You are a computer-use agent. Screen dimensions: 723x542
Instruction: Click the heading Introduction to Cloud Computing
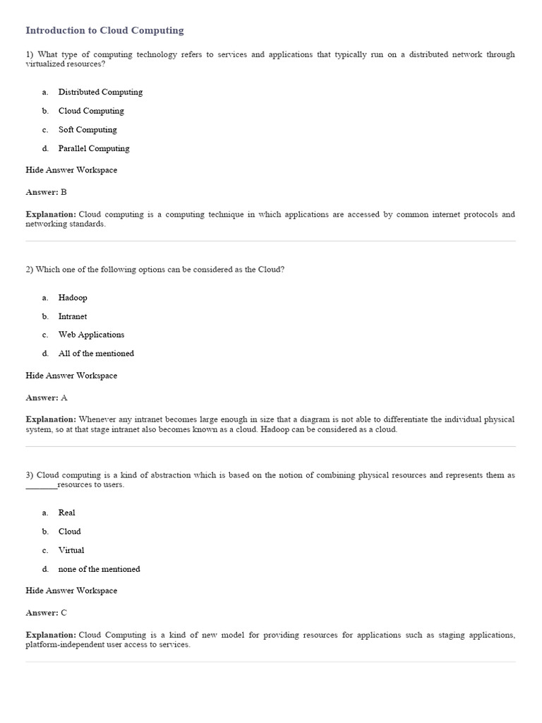tap(104, 30)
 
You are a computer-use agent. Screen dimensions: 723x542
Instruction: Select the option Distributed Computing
tap(100, 92)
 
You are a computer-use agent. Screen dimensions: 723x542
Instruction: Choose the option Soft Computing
tap(88, 130)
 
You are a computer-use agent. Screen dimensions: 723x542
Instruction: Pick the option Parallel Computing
tap(94, 148)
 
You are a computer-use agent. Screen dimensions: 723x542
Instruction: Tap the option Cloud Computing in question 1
tap(91, 111)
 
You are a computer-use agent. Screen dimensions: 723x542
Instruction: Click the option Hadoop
tap(73, 298)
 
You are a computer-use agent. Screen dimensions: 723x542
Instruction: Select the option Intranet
tap(73, 316)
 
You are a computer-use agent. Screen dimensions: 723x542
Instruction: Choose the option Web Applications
tap(91, 335)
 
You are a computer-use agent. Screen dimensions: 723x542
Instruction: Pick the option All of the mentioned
tap(96, 353)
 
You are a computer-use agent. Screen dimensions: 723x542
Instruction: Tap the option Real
tap(66, 513)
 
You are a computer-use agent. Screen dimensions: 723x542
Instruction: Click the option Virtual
tap(71, 550)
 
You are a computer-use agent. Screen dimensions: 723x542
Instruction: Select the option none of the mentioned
tap(99, 569)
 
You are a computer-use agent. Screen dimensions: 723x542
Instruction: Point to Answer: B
tap(46, 192)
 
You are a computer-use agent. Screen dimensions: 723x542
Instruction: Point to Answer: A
tap(46, 398)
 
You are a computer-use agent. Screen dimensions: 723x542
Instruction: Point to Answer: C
tap(46, 613)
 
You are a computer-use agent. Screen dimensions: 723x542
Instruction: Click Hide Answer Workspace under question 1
tap(71, 170)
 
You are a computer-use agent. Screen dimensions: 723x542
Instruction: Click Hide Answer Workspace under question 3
tap(71, 590)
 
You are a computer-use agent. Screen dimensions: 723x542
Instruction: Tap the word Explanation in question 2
tap(51, 419)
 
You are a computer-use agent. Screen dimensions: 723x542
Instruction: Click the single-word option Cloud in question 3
tap(69, 532)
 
